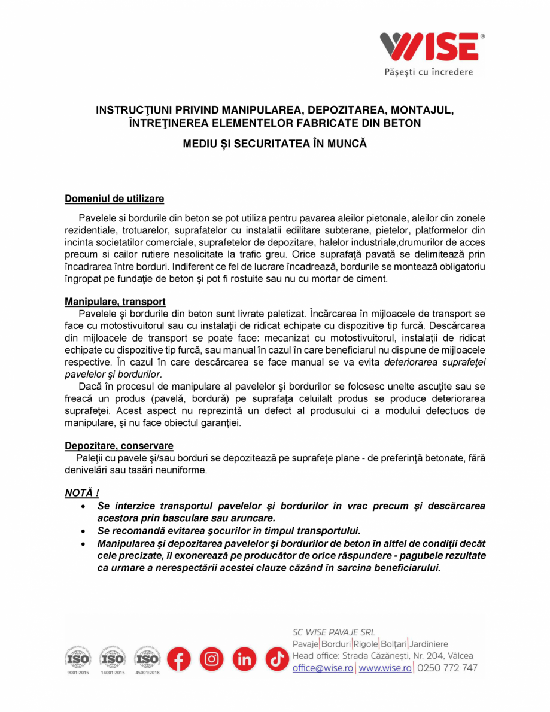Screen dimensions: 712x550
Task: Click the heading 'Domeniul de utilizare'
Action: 114,198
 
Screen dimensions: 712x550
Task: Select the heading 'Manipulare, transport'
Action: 115,302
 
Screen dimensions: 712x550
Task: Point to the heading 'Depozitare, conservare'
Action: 119,446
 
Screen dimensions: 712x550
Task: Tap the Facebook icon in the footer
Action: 178,659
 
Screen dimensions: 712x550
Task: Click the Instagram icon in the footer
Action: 211,659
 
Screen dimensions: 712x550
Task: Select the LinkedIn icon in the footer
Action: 244,659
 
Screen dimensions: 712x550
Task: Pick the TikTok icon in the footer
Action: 277,659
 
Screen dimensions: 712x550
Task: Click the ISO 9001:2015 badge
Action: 77,659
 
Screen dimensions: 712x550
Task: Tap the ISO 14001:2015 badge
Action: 113,659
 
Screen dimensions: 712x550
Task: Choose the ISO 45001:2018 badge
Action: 147,659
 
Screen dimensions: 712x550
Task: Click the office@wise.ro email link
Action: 323,668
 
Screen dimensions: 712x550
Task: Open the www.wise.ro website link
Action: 385,668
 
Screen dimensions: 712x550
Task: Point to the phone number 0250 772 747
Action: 447,668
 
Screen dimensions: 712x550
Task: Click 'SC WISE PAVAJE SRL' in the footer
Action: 333,632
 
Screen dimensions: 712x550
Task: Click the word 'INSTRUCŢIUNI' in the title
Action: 135,111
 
